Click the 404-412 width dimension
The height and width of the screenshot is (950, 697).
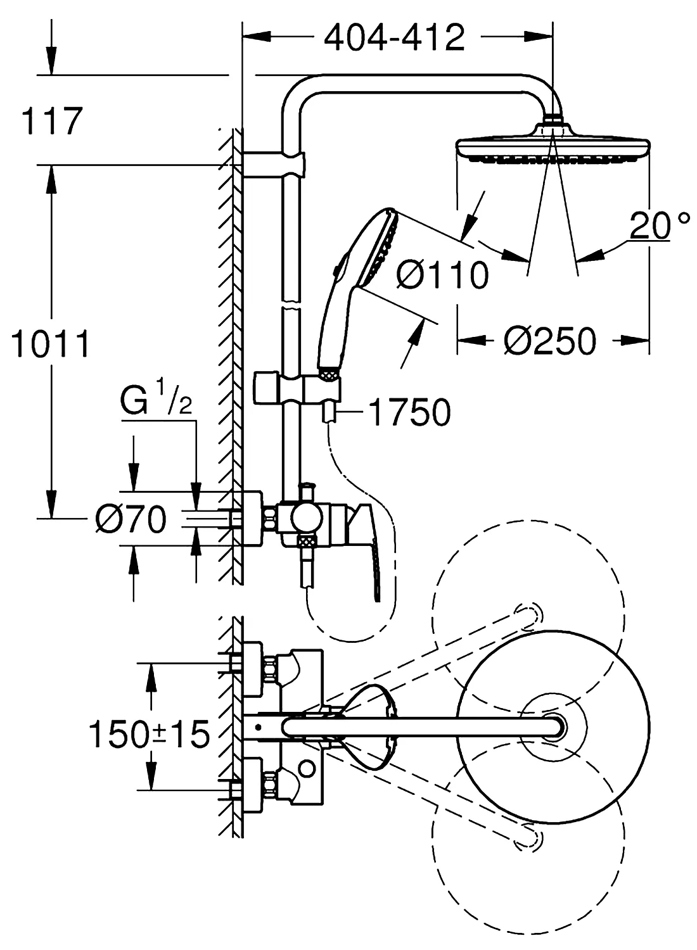tap(394, 38)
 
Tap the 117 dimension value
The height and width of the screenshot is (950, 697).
tap(52, 122)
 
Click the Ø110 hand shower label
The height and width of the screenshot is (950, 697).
tap(442, 275)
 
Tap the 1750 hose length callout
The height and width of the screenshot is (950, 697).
tap(410, 412)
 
